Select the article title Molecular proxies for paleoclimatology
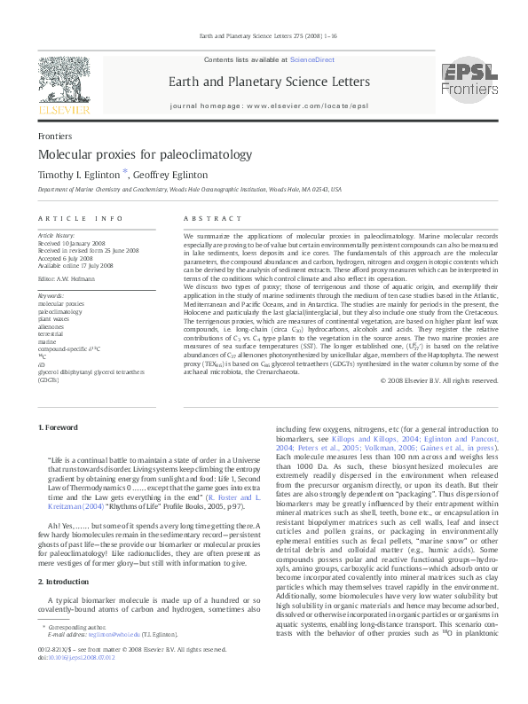click(133, 154)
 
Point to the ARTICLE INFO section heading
click(80, 217)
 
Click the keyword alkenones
click(51, 301)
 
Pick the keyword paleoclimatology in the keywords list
click(61, 287)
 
